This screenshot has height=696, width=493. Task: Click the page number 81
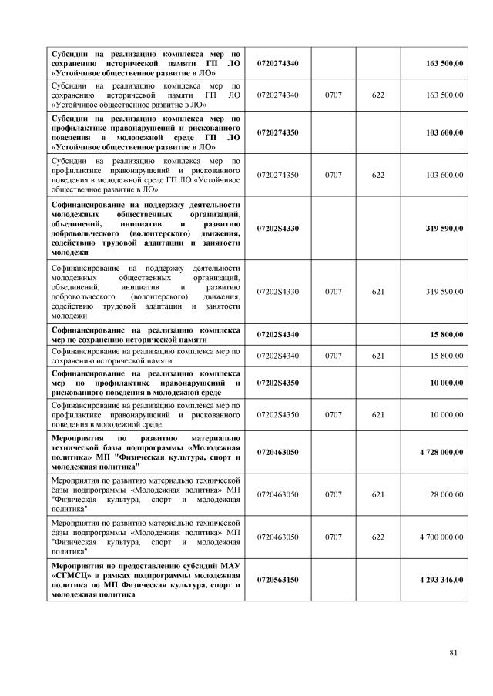click(x=453, y=654)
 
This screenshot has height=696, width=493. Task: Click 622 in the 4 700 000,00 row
click(x=378, y=537)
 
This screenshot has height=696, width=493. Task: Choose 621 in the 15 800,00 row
click(x=378, y=356)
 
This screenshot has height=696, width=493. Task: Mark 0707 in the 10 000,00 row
click(x=334, y=414)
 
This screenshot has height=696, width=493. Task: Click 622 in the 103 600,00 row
click(x=378, y=176)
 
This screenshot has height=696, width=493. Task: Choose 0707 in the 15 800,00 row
click(x=334, y=356)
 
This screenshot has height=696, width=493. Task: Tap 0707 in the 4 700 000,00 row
click(x=334, y=537)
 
